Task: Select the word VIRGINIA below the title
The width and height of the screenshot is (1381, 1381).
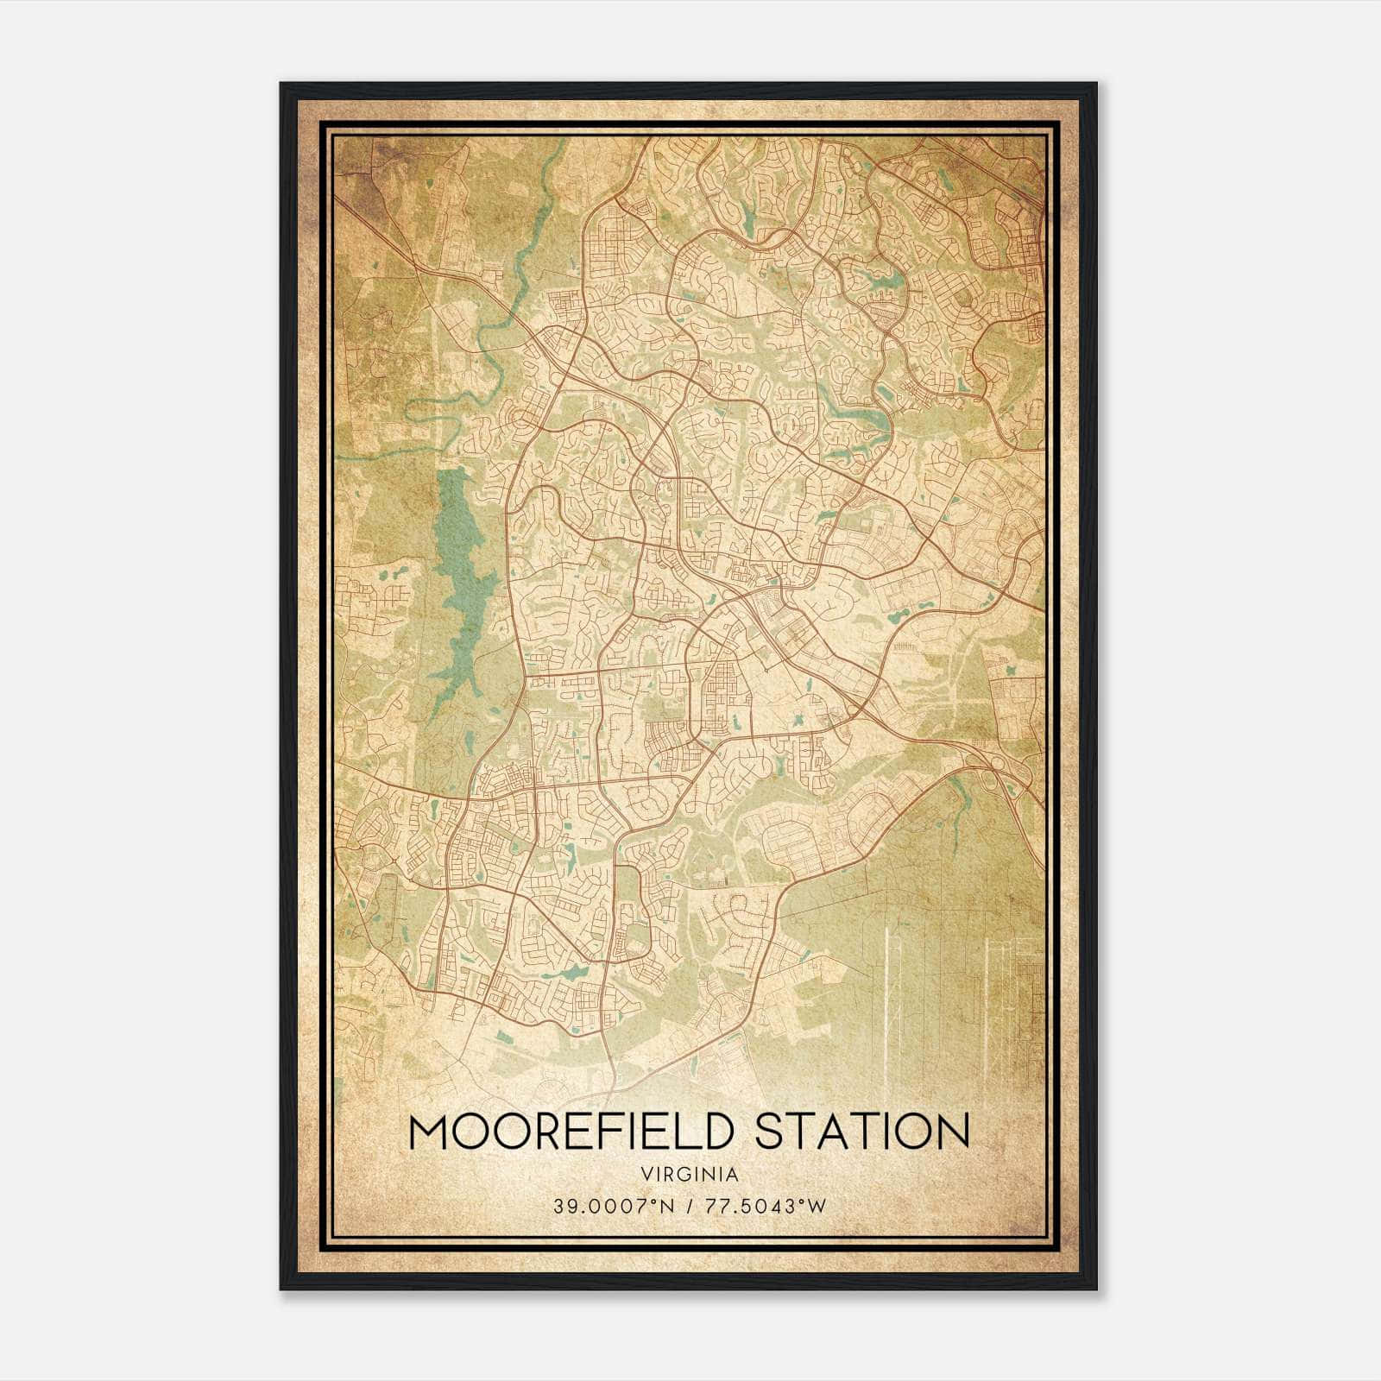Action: (x=690, y=1175)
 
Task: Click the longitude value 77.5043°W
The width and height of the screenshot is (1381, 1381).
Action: (x=766, y=1206)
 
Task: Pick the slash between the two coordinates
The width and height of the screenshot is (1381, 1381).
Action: (x=687, y=1206)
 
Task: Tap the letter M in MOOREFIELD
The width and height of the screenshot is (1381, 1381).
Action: (x=429, y=1132)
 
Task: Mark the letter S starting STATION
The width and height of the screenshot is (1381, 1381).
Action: (x=769, y=1132)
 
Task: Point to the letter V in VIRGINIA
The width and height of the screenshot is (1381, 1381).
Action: (x=646, y=1175)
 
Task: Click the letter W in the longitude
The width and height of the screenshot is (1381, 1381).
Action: (x=817, y=1206)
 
